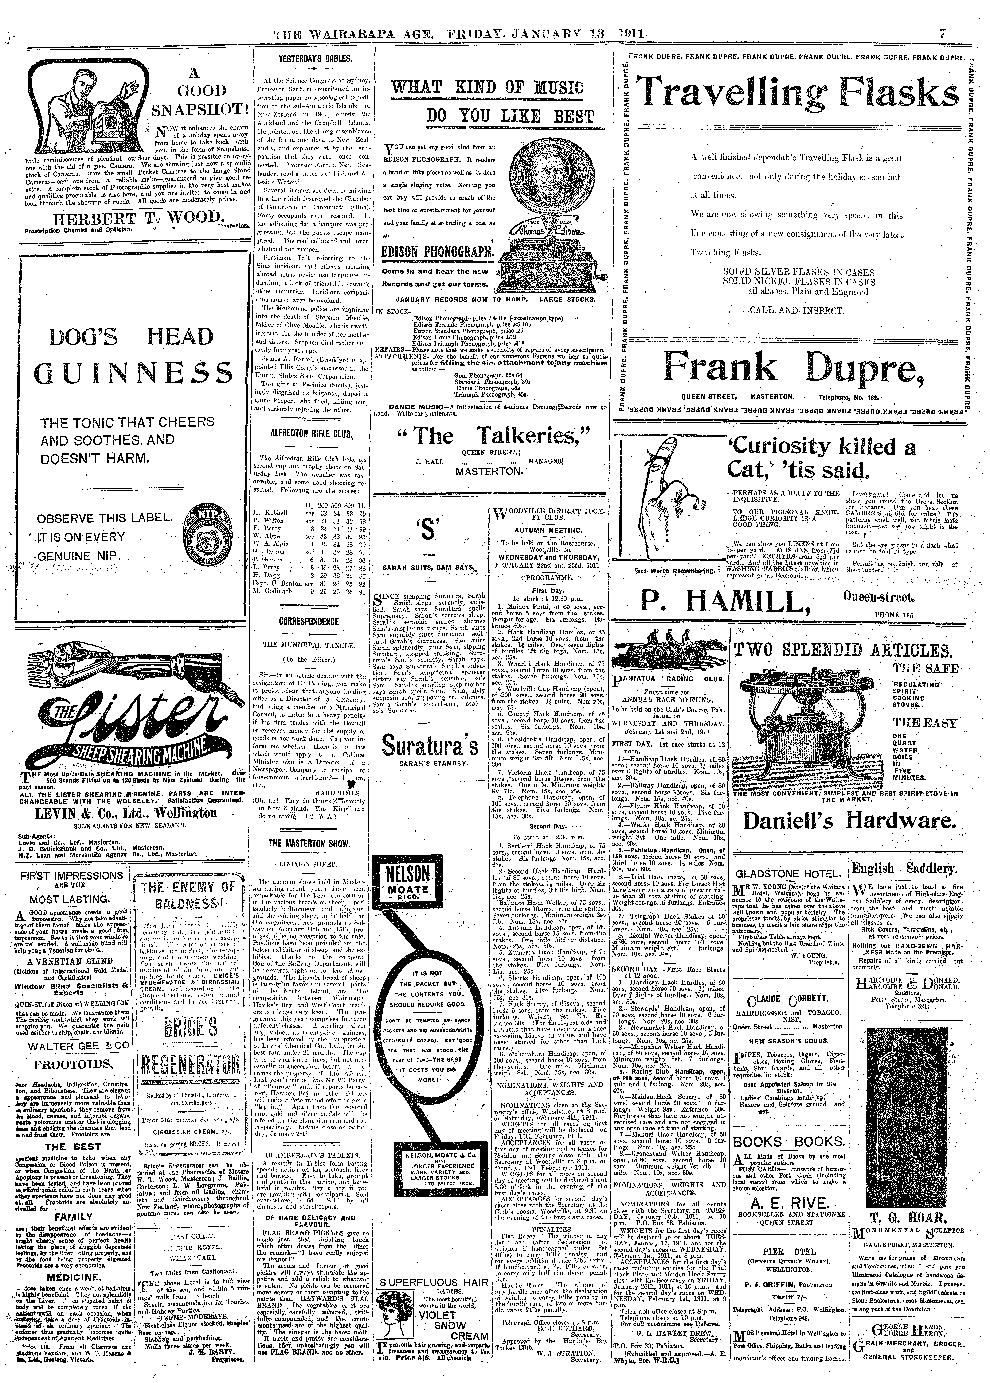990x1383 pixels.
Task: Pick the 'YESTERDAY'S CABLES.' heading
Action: (x=315, y=59)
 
